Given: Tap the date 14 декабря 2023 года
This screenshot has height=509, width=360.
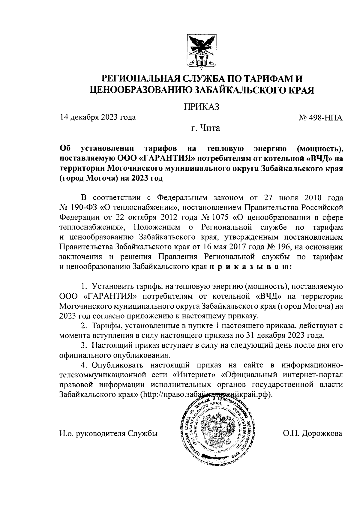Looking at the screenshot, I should click(x=98, y=117).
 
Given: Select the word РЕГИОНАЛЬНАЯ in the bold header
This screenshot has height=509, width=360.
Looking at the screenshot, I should click(x=140, y=79).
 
